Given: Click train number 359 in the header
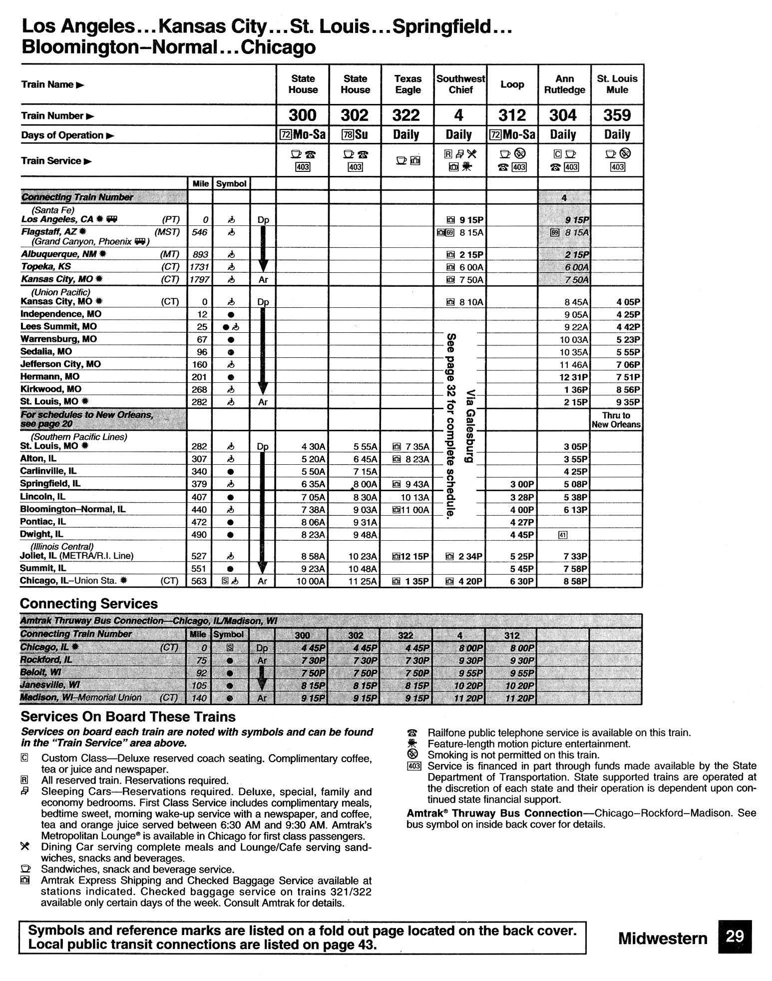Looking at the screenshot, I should click(x=617, y=115).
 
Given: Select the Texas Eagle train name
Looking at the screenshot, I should click(x=407, y=84).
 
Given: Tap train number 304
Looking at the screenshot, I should click(x=563, y=115).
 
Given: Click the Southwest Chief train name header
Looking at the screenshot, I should click(x=460, y=84).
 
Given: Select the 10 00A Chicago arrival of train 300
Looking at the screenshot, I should click(x=310, y=581).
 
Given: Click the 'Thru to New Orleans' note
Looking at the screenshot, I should click(x=616, y=420).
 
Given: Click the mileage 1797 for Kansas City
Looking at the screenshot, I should click(x=199, y=279).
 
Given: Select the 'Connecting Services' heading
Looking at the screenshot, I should click(x=89, y=604).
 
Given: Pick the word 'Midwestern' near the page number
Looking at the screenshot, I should click(x=663, y=938).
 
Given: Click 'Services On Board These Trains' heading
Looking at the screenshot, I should click(x=128, y=717).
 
